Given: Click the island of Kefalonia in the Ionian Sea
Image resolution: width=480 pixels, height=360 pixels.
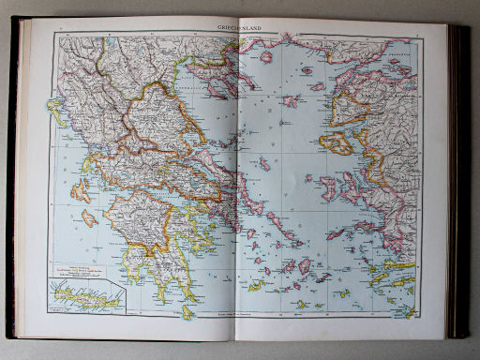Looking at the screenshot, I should pos(81,194).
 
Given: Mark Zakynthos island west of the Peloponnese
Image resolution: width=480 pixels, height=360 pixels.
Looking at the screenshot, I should pos(89,218).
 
